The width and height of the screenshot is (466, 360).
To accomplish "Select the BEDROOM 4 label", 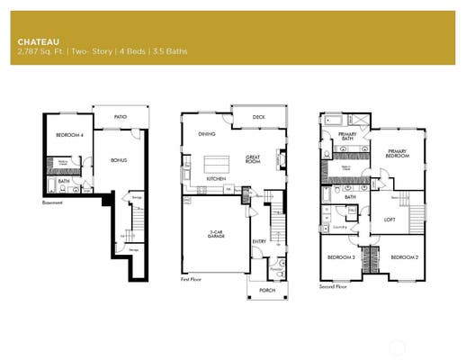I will (68, 135).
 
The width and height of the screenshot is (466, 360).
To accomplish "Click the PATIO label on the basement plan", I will (120, 117).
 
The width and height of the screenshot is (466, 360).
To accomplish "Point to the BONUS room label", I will (118, 160).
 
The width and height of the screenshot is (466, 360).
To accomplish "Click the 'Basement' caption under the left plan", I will (53, 202).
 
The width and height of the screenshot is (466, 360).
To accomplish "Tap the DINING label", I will (207, 133).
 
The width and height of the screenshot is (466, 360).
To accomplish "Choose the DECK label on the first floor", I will (258, 116).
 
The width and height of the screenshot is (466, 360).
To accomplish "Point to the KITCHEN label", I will (216, 179).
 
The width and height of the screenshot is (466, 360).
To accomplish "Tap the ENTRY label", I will (259, 240).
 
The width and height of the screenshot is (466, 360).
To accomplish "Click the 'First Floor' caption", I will (192, 279).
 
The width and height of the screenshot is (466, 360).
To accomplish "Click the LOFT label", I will (390, 219).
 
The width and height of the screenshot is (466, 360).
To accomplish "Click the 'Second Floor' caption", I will (334, 286).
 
